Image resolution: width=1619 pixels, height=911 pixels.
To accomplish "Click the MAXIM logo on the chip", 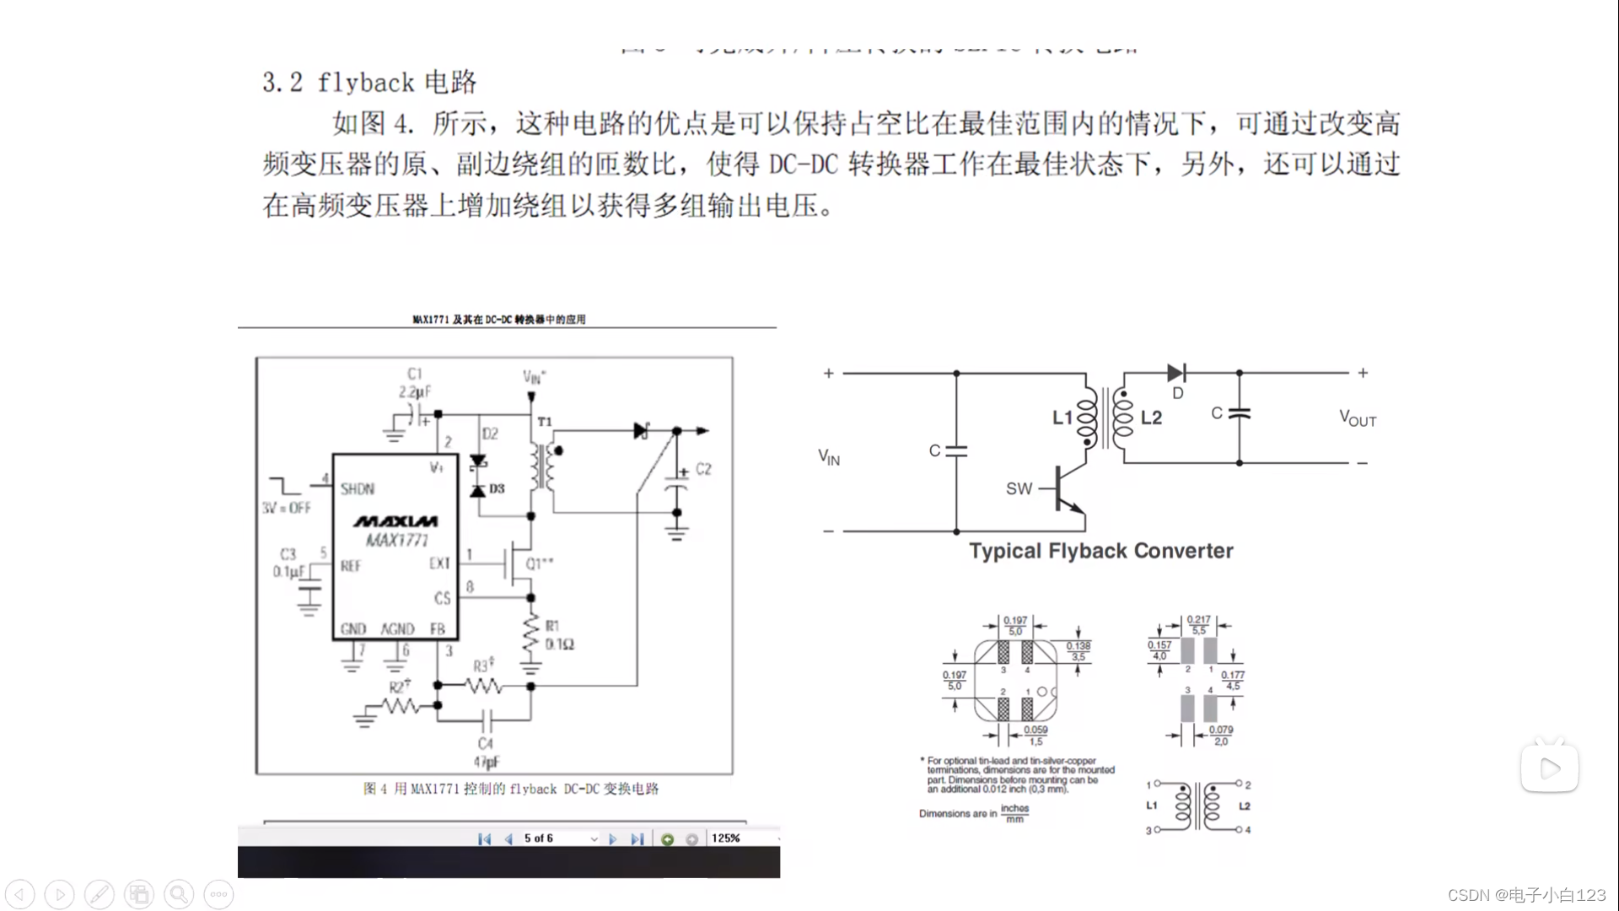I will click(395, 521).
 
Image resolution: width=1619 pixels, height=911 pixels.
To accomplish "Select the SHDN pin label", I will click(358, 489).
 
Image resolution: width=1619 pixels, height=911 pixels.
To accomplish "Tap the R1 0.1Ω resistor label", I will click(557, 636).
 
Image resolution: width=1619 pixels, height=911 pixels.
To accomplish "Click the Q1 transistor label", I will click(540, 563).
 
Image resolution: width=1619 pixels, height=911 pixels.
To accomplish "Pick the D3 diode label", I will click(497, 488).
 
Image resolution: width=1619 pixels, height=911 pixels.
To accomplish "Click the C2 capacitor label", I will click(703, 469).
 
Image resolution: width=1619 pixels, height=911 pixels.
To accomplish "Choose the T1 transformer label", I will click(545, 422).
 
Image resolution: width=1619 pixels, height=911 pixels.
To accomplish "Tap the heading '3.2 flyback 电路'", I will click(369, 83).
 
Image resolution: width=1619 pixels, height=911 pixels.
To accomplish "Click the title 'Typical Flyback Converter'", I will click(1100, 551).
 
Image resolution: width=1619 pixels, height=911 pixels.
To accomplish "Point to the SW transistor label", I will click(1019, 488).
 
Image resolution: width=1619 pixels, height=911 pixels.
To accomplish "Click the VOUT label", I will click(1358, 418).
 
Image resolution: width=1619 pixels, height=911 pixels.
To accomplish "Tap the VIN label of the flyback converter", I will click(829, 457).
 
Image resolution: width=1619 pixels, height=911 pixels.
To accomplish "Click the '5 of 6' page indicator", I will click(539, 838).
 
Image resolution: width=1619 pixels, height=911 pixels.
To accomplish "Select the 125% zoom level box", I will click(726, 838).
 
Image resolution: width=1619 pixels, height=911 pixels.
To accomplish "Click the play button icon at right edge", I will click(1550, 768).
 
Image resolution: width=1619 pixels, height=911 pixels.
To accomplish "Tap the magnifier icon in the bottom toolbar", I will click(179, 894).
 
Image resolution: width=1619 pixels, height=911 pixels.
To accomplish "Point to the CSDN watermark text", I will click(1526, 895).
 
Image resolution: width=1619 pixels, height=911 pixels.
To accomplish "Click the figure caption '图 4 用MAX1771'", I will click(511, 789).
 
